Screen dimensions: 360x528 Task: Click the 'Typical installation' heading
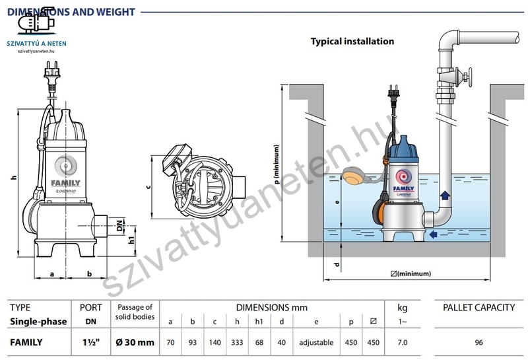click(352, 41)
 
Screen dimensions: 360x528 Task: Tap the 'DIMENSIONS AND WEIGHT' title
click(71, 12)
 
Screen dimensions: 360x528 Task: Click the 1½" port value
click(90, 343)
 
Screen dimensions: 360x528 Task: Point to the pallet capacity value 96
click(478, 343)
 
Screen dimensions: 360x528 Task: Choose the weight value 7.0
click(403, 343)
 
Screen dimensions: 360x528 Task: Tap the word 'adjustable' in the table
click(317, 343)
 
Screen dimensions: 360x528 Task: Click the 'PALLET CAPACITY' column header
click(478, 308)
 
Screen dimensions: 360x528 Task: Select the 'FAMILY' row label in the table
click(26, 343)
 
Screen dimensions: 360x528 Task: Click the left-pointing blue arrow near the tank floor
click(433, 234)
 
